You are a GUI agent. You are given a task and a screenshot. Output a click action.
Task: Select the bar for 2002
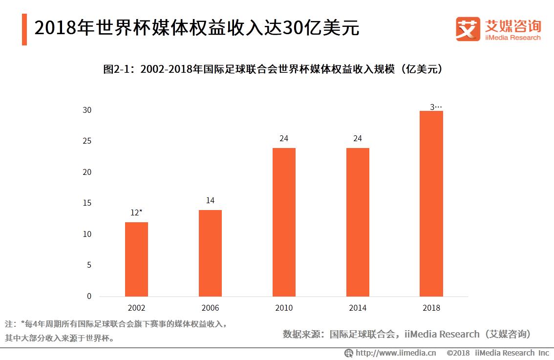(136, 259)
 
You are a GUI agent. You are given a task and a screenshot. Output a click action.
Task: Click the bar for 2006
(210, 253)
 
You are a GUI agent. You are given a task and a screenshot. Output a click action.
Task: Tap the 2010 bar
(284, 222)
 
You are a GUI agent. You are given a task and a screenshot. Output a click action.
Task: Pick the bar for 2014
(358, 222)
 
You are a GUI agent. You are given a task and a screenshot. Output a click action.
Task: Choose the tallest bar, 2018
(431, 204)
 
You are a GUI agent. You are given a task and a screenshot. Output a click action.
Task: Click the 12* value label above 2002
(136, 212)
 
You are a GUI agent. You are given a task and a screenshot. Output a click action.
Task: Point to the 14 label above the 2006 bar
(210, 200)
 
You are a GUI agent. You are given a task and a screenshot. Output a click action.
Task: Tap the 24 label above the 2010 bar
(284, 138)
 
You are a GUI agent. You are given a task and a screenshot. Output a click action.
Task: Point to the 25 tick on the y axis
(86, 141)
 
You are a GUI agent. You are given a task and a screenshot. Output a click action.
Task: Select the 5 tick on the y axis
(89, 265)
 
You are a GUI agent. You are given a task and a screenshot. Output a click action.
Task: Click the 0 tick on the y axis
(89, 296)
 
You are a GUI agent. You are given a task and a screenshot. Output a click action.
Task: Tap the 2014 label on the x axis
(358, 308)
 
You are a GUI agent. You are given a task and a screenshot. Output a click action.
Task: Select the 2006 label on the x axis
(210, 308)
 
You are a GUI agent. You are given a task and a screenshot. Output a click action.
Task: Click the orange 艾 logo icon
(468, 28)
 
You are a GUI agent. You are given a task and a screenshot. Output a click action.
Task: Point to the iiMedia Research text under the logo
(513, 38)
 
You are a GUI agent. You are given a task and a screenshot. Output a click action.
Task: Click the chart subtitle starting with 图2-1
(274, 69)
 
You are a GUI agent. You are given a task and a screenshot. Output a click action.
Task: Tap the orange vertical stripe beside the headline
(24, 29)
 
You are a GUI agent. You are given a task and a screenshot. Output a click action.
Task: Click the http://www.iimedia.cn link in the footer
(396, 353)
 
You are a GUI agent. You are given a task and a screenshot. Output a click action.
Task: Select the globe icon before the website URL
(349, 353)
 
